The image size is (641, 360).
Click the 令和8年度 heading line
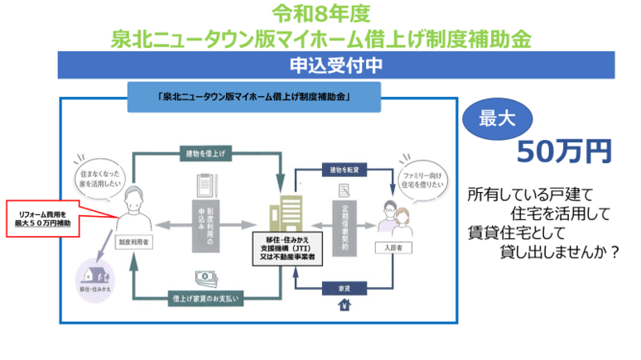(x=320, y=14)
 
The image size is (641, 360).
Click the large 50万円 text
(x=564, y=151)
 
